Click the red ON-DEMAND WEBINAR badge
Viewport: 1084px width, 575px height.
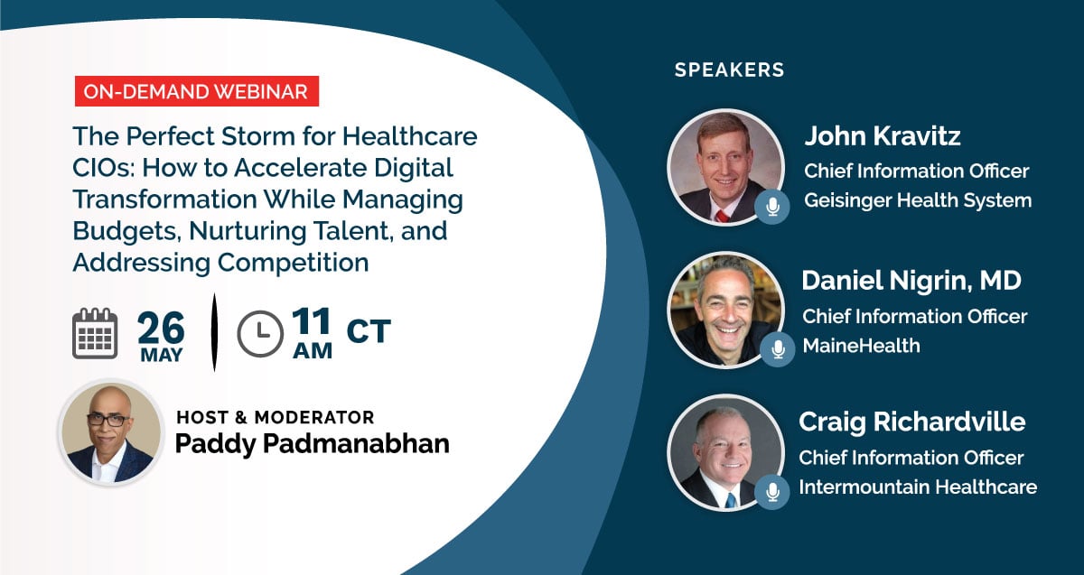197,91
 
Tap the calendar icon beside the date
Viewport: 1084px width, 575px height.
95,334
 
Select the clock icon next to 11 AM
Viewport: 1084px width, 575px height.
260,334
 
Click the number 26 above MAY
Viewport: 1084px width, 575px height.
161,328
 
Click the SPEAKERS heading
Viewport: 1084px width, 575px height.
729,70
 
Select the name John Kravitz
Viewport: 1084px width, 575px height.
883,136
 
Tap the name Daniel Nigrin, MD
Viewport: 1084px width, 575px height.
911,281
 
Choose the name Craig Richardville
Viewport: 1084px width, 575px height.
911,422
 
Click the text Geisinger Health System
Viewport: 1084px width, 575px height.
918,200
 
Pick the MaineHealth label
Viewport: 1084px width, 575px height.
861,346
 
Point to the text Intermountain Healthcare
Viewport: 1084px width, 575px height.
918,487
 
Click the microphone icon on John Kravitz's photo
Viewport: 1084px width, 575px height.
772,207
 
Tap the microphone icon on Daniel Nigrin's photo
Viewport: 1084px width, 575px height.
778,349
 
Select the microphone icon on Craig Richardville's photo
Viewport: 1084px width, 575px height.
772,492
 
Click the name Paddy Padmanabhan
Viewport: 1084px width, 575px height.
313,444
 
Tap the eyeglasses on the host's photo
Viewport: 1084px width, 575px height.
109,420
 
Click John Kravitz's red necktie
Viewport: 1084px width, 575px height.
722,216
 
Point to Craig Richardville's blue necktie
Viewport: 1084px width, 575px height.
731,500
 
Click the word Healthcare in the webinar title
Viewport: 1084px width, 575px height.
410,136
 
